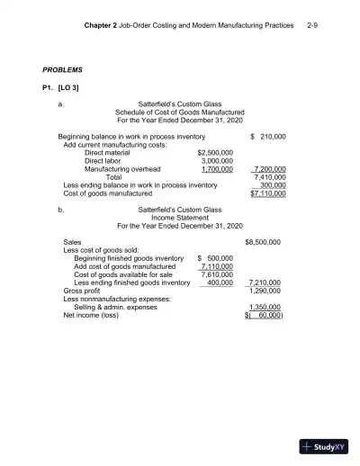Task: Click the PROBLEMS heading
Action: [63, 69]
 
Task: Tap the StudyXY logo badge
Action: [325, 444]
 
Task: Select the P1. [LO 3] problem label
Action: [63, 88]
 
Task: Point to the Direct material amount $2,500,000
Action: [215, 152]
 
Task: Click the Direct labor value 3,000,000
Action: [218, 160]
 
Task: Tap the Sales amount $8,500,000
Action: [263, 242]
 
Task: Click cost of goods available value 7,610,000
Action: [217, 274]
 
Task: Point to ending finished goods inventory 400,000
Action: [220, 282]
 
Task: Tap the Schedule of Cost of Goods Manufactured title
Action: [180, 112]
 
